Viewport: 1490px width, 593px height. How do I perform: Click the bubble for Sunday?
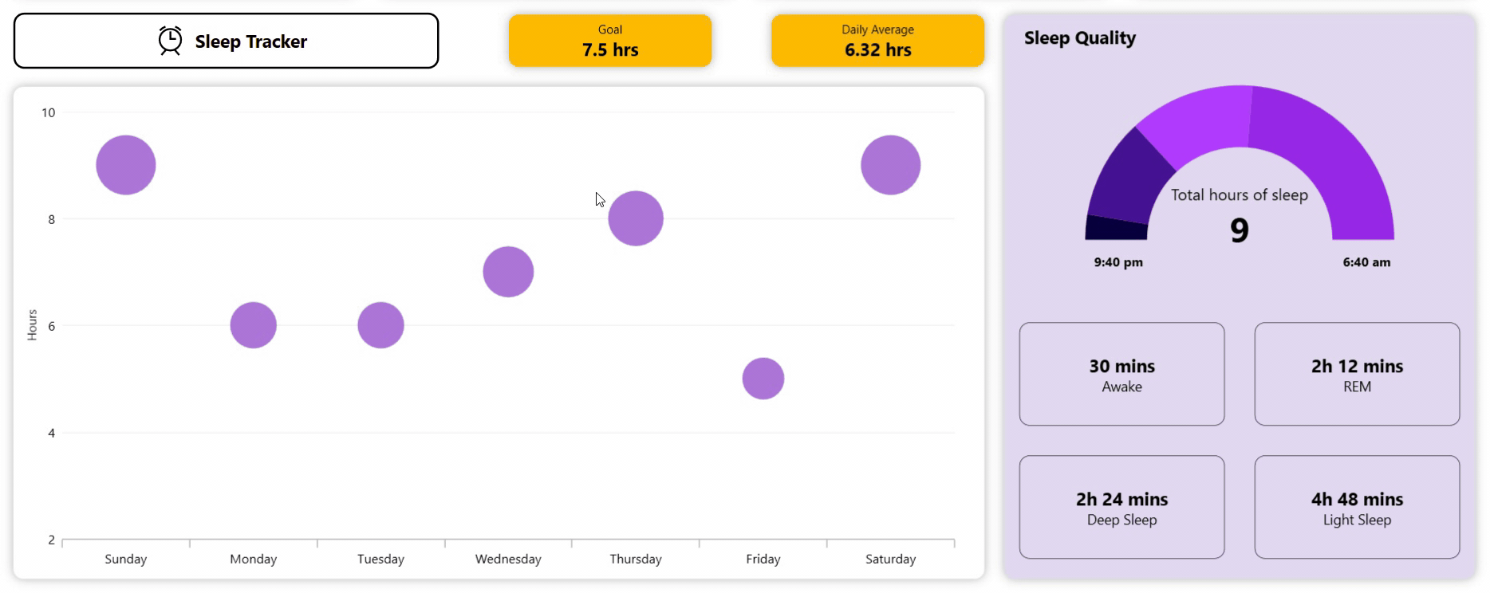(x=126, y=165)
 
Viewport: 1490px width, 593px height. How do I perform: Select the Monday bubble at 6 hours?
(x=254, y=325)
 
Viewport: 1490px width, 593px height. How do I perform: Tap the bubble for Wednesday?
(x=508, y=272)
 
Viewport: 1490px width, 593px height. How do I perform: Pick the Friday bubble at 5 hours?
(x=763, y=379)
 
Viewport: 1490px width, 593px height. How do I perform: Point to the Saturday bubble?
(x=890, y=165)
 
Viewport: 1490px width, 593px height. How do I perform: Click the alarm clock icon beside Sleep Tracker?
(x=170, y=41)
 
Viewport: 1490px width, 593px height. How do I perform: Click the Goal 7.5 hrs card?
(x=610, y=41)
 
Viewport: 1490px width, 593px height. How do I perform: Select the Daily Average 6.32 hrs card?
(x=877, y=41)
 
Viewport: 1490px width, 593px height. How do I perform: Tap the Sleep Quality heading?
(x=1079, y=38)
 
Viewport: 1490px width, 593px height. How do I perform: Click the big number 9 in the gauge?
(x=1240, y=230)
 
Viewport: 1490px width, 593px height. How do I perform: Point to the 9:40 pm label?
(x=1118, y=262)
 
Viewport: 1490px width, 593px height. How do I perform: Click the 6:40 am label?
(x=1366, y=262)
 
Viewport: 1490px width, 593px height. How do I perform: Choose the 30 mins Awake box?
(x=1121, y=374)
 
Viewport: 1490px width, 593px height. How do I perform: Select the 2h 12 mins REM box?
(x=1357, y=374)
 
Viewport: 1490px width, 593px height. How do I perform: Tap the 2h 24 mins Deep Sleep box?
(x=1121, y=507)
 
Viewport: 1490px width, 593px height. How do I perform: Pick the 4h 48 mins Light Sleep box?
(x=1357, y=507)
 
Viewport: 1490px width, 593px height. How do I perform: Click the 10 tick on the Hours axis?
(x=49, y=112)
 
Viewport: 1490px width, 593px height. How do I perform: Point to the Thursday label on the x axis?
(x=636, y=559)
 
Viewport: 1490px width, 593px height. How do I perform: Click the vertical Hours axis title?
(x=32, y=325)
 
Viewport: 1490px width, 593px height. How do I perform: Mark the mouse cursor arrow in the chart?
(x=600, y=199)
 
